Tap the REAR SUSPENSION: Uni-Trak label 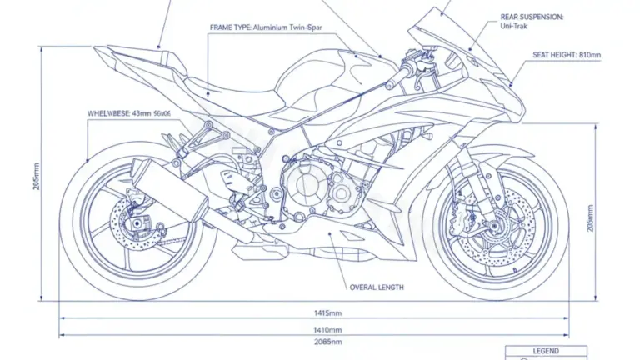click(x=532, y=22)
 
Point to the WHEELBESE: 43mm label click(x=129, y=112)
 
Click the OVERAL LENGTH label click(x=376, y=287)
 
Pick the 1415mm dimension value click(x=326, y=313)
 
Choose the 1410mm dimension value click(x=326, y=329)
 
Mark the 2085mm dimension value click(x=326, y=342)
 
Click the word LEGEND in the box click(x=546, y=352)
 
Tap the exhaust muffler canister click(x=171, y=188)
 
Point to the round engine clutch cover click(x=304, y=187)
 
